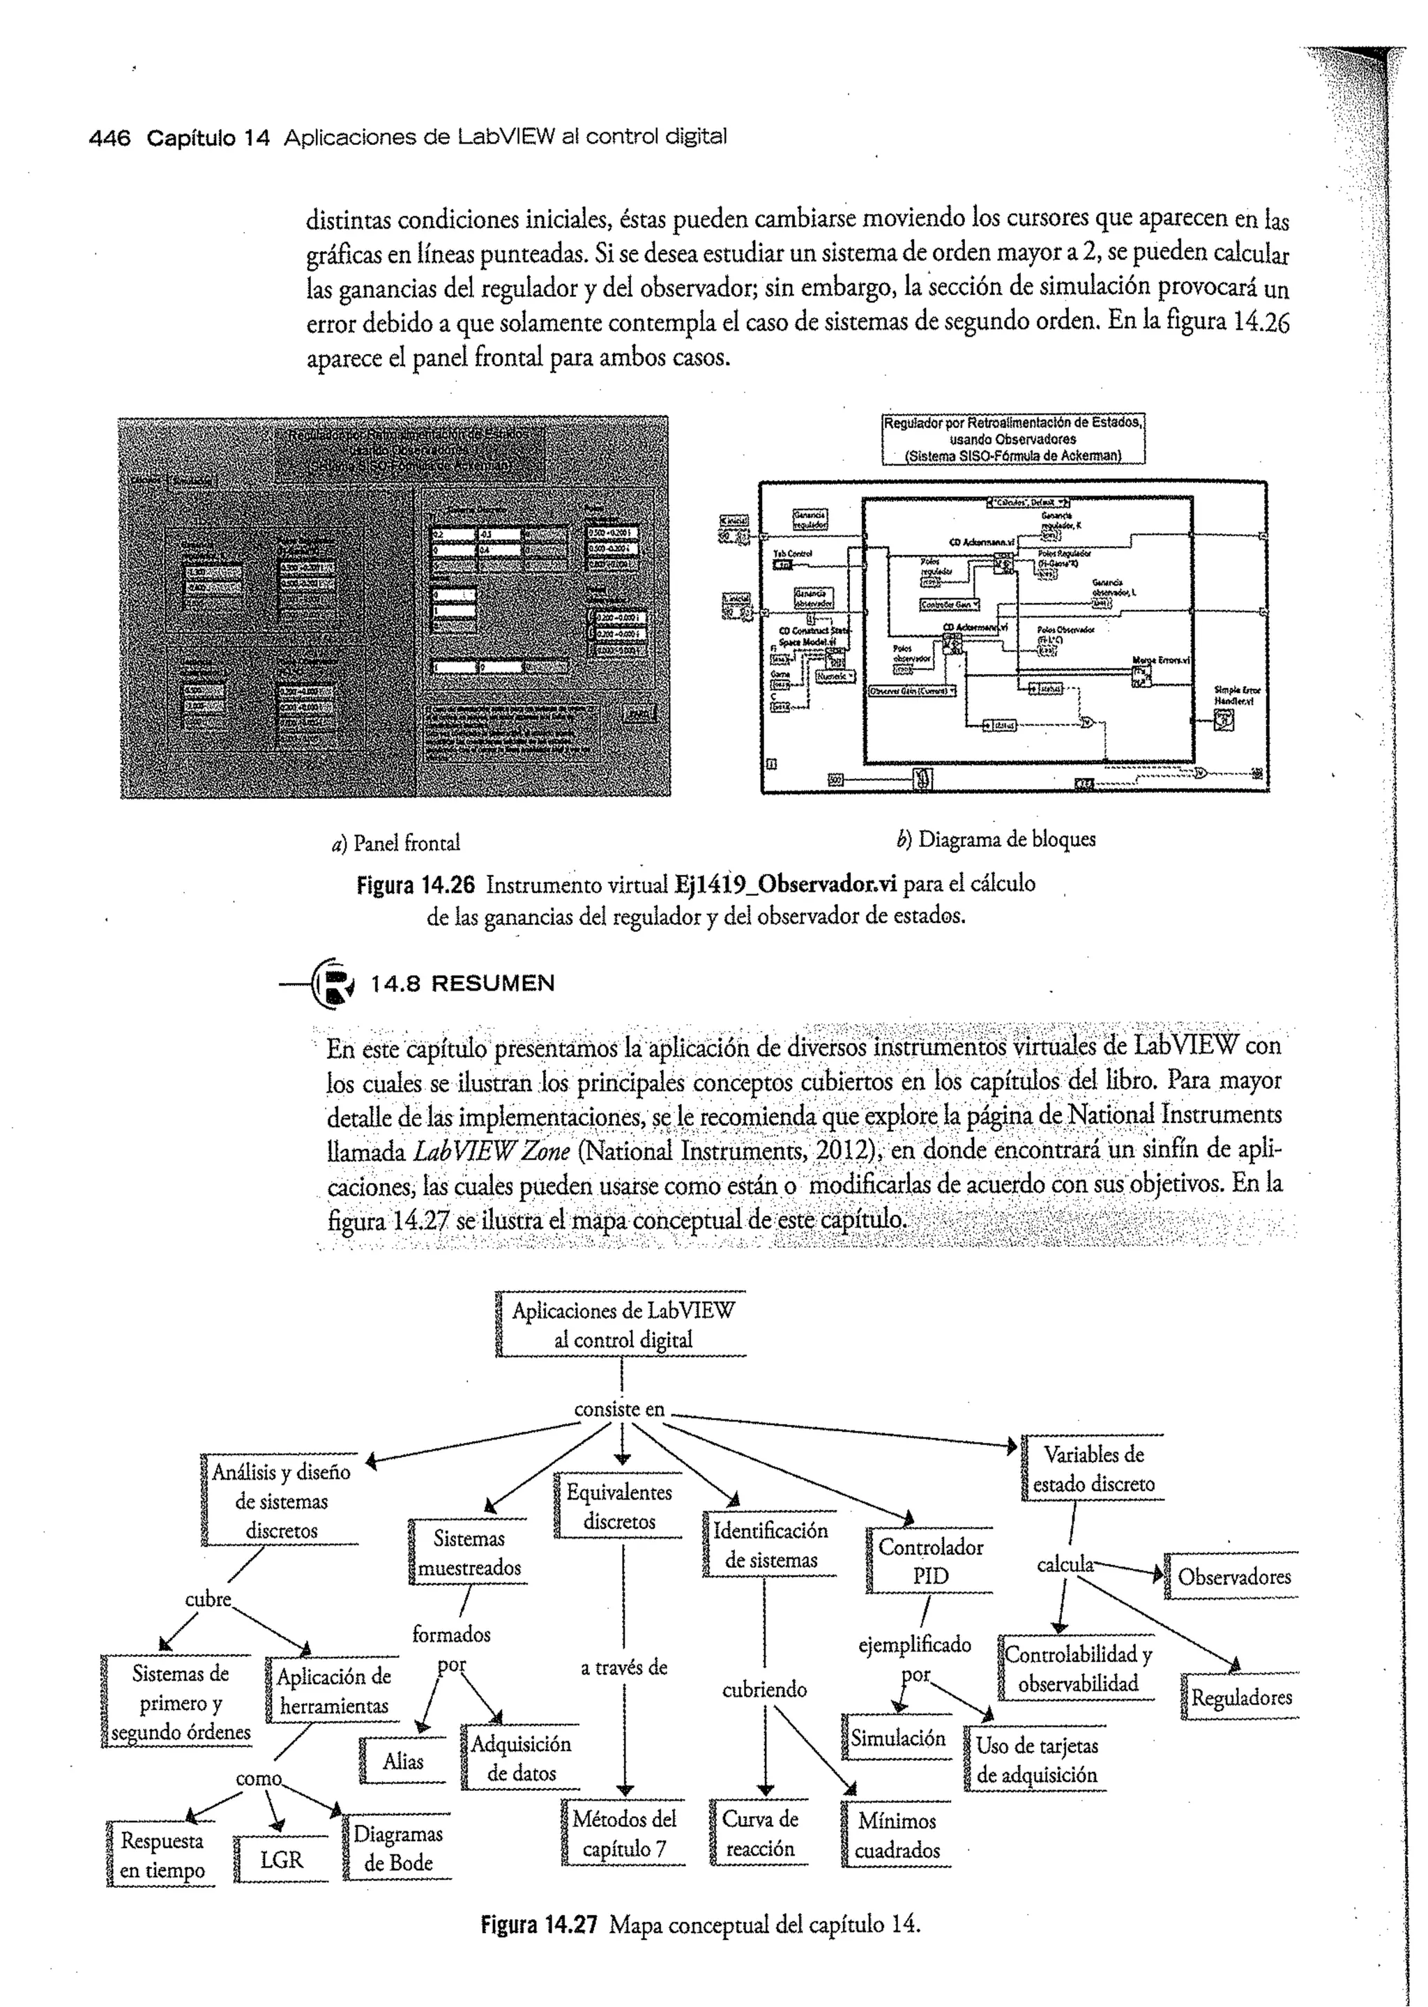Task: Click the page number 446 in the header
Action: (110, 138)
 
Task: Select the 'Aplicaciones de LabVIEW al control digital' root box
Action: (623, 1325)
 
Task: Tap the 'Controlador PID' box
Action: (930, 1562)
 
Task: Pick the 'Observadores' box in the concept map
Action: (1233, 1576)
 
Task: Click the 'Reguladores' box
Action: (1240, 1697)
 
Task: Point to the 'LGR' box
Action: (282, 1859)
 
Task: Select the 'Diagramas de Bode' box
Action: (397, 1848)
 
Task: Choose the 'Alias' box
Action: (403, 1761)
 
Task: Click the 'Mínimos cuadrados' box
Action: (897, 1836)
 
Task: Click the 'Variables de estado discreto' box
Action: (1093, 1469)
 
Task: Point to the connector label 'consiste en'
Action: (619, 1409)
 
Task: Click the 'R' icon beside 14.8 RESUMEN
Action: (335, 983)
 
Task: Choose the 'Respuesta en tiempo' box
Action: (162, 1855)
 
